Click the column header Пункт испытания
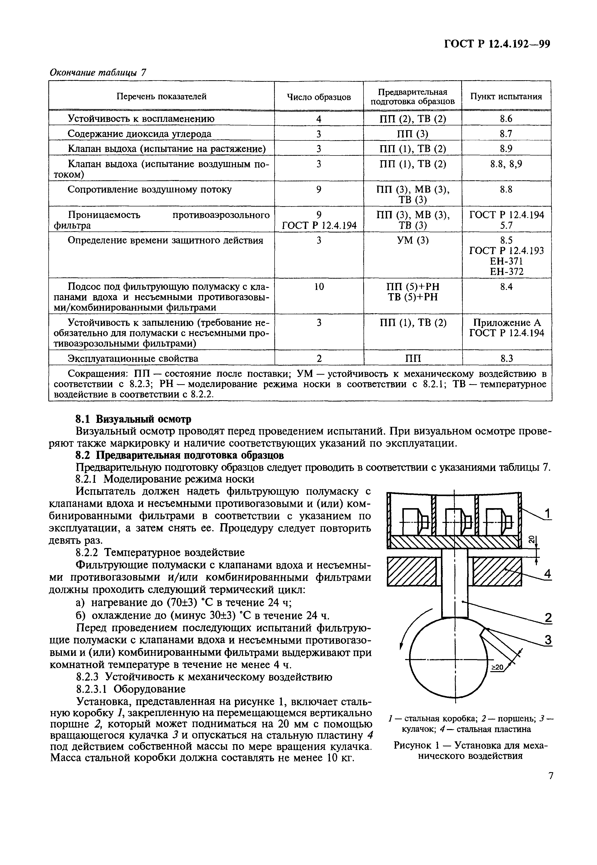click(x=506, y=97)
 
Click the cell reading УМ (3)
click(x=413, y=240)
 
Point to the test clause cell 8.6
click(x=506, y=119)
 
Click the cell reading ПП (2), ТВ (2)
click(x=413, y=119)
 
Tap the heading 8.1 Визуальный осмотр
click(x=133, y=418)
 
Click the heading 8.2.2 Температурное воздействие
click(x=160, y=552)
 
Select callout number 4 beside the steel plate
click(x=547, y=574)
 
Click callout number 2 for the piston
click(x=547, y=617)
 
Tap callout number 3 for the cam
click(x=547, y=640)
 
